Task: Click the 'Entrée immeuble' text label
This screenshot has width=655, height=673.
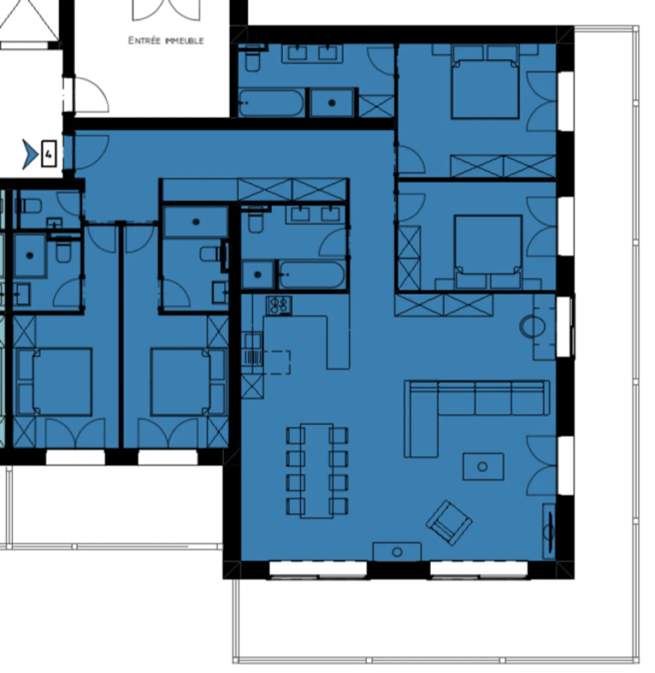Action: (x=166, y=40)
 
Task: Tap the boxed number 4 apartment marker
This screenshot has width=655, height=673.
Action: (x=49, y=154)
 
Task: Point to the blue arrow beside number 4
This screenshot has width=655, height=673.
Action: (x=30, y=154)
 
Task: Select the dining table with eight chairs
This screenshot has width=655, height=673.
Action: (x=317, y=471)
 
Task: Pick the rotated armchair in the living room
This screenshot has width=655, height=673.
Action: (x=449, y=522)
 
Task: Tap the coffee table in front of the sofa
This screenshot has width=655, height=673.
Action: (x=483, y=466)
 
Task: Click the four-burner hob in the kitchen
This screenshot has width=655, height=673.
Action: (x=279, y=305)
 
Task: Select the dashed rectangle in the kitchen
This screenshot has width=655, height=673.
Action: (x=277, y=362)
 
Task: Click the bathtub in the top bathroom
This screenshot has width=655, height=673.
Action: (x=272, y=103)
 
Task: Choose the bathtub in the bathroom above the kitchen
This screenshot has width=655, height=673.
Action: (x=312, y=275)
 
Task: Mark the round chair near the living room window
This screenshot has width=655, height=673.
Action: (x=532, y=326)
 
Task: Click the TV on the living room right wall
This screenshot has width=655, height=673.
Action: (x=549, y=531)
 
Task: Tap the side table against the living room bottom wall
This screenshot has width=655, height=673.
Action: (x=397, y=552)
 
